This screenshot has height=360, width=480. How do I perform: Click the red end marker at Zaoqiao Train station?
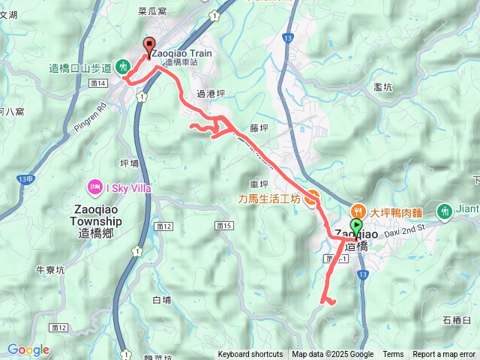(148, 45)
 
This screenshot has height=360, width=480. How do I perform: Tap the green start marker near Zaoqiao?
(355, 225)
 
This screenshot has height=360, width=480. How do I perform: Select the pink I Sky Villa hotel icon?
(95, 185)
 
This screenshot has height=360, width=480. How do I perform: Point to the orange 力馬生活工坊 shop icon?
(312, 199)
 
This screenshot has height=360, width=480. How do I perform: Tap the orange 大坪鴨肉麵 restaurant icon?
(359, 211)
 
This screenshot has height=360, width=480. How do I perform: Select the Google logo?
(28, 349)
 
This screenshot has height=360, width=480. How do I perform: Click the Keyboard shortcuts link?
(250, 355)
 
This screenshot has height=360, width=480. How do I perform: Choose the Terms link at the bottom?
(393, 355)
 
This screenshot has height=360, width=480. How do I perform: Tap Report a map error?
(445, 355)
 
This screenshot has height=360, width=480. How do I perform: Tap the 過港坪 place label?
(210, 94)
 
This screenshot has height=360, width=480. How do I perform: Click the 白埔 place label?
(161, 299)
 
